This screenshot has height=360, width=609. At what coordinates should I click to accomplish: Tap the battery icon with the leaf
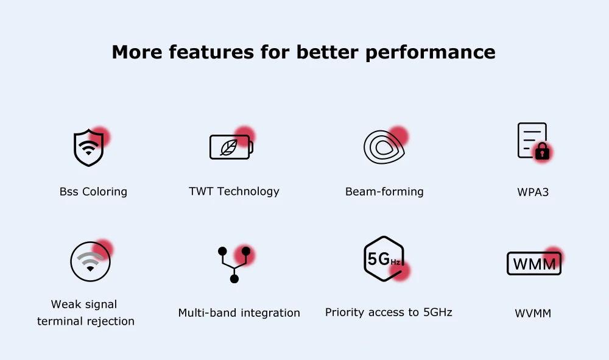pyautogui.click(x=231, y=147)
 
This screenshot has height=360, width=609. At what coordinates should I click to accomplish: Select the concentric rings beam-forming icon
pyautogui.click(x=384, y=147)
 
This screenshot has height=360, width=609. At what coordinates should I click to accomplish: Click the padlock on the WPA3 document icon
pyautogui.click(x=542, y=151)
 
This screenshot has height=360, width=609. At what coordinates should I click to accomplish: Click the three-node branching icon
pyautogui.click(x=234, y=265)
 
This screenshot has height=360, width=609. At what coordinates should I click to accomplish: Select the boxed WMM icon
pyautogui.click(x=534, y=264)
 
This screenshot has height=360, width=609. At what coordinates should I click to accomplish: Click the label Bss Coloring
pyautogui.click(x=93, y=192)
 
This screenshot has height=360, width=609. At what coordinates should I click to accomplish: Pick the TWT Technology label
pyautogui.click(x=234, y=191)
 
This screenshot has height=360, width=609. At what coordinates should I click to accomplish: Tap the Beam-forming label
pyautogui.click(x=384, y=192)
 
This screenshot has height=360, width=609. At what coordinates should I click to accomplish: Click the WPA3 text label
pyautogui.click(x=533, y=192)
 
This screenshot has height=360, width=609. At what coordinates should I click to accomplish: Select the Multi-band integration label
pyautogui.click(x=239, y=312)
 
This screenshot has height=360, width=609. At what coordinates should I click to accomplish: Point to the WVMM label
pyautogui.click(x=533, y=313)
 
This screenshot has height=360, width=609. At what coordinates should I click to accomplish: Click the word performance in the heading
pyautogui.click(x=431, y=52)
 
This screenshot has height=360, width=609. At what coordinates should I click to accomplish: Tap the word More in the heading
pyautogui.click(x=136, y=52)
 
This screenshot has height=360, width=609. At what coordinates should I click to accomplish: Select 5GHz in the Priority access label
pyautogui.click(x=438, y=312)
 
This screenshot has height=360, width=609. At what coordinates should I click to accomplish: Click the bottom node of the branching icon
pyautogui.click(x=234, y=279)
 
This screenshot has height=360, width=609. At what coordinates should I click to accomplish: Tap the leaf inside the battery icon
pyautogui.click(x=229, y=147)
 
